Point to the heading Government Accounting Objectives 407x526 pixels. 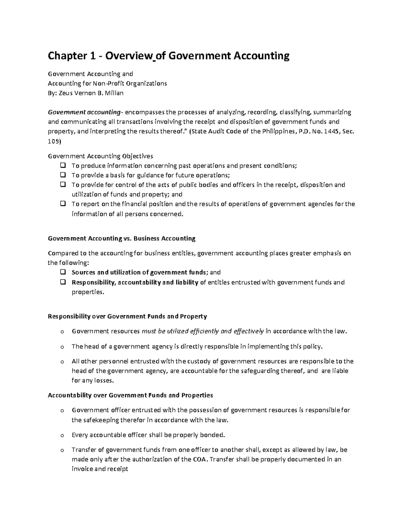click(100, 156)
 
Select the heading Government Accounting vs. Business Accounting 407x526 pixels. click(121, 238)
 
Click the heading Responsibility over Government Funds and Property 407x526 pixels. click(127, 316)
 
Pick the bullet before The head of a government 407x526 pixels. click(62, 347)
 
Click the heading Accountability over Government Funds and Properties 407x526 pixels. click(130, 395)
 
